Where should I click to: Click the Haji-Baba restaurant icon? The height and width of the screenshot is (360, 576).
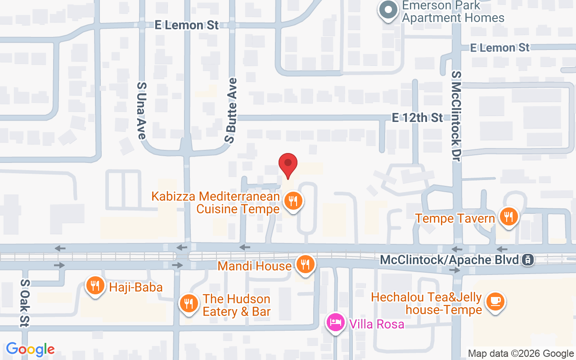pos(95,285)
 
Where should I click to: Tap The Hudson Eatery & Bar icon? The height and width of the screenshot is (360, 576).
pos(189,304)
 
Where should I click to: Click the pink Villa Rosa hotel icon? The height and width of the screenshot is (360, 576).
pos(336,323)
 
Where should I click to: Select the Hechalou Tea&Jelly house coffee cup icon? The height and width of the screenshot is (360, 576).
pos(495,301)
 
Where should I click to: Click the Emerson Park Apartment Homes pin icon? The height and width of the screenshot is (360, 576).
pos(387,9)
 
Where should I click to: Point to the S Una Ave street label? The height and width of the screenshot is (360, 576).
pos(142,110)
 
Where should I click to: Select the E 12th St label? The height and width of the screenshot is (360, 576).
pos(417,118)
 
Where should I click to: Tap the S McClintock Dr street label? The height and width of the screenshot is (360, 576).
pos(457,116)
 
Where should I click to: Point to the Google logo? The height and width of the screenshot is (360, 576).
pos(31,349)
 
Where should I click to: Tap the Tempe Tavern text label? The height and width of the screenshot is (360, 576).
pos(455,219)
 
